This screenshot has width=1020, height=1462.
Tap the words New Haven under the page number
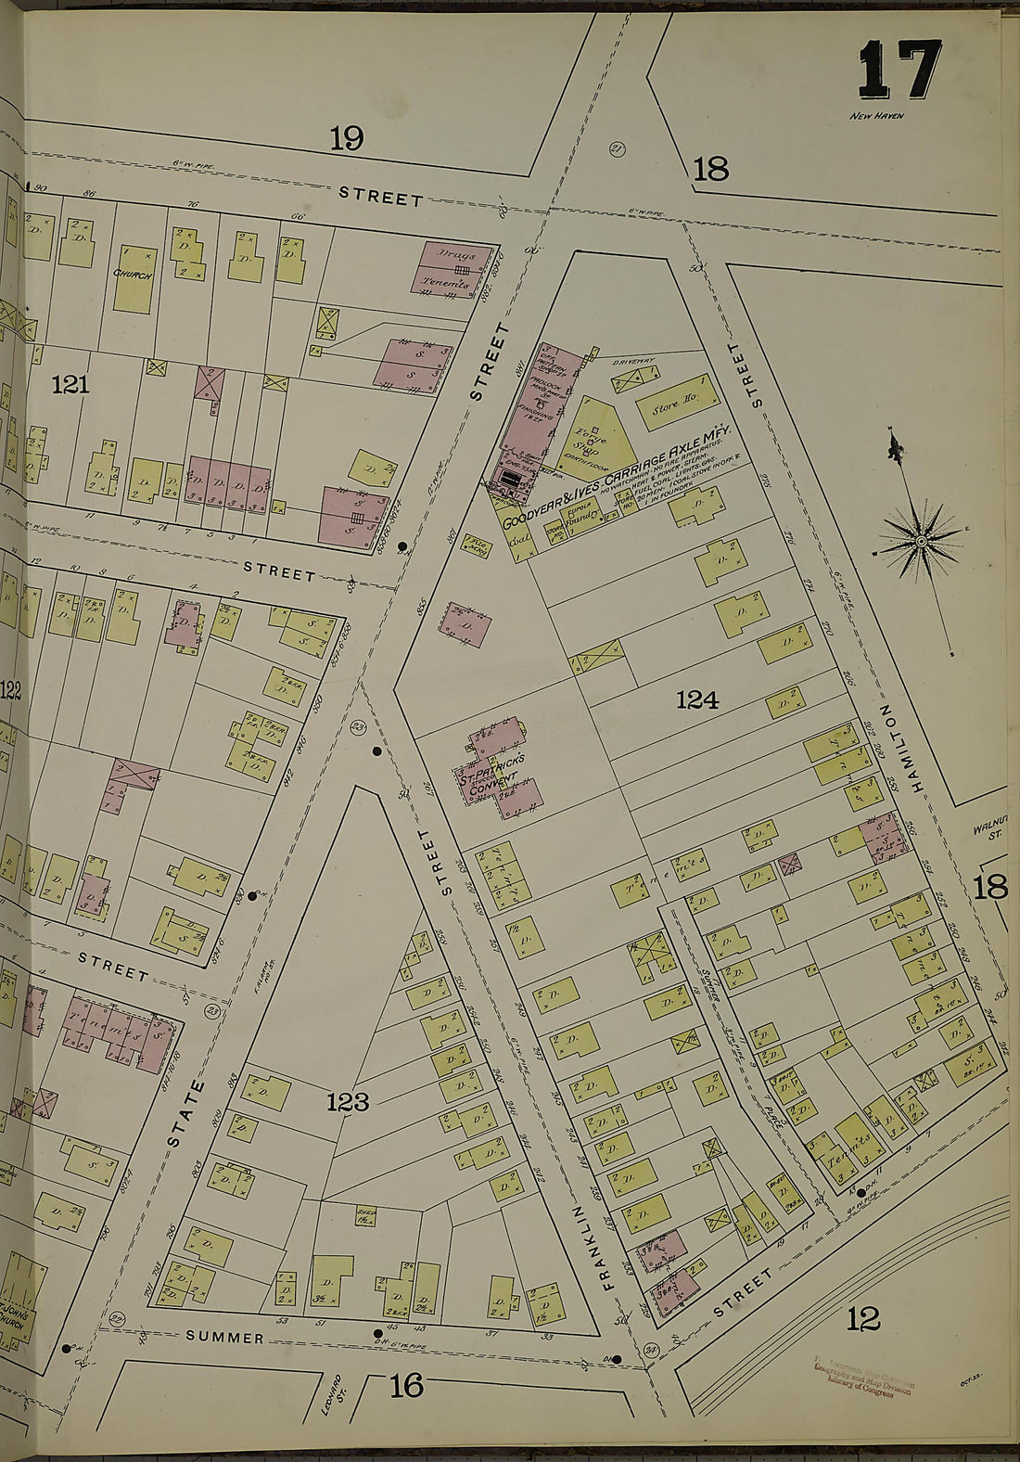click(x=876, y=116)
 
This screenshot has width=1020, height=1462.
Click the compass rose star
click(x=922, y=540)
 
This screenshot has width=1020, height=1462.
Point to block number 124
click(x=696, y=700)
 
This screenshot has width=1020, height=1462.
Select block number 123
click(x=347, y=1102)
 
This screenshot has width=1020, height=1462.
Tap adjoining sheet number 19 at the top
click(x=346, y=139)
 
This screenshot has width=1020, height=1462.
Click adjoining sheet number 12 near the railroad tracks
click(x=862, y=1318)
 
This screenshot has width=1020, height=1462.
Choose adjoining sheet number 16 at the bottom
click(x=406, y=1386)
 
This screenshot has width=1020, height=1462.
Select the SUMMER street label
click(x=224, y=1338)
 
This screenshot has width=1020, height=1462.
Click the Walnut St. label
click(x=989, y=828)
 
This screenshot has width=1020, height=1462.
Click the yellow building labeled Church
click(x=134, y=277)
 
